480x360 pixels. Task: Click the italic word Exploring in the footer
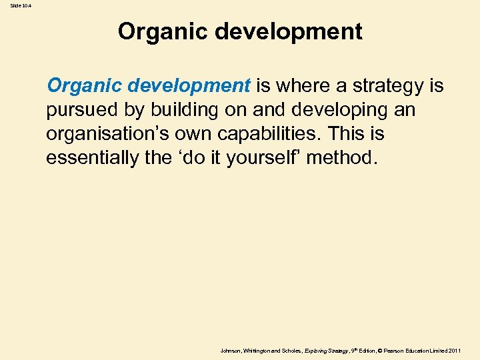pos(315,350)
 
